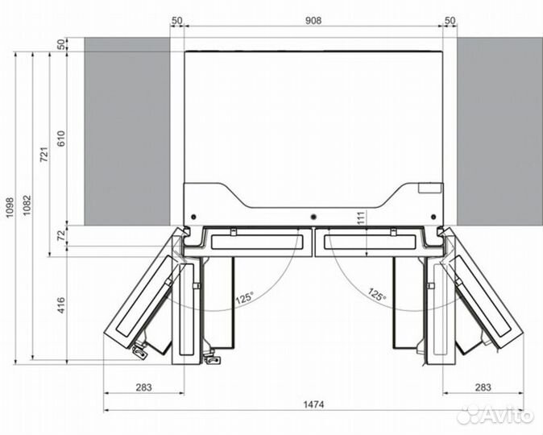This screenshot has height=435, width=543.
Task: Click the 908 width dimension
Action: [313, 20]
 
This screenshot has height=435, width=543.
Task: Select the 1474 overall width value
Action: [313, 404]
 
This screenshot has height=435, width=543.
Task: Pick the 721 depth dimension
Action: [44, 155]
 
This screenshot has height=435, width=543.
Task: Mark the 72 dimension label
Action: [61, 234]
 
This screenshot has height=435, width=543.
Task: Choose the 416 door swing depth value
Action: [61, 305]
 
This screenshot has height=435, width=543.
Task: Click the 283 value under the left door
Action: [143, 388]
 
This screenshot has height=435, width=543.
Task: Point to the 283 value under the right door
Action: [483, 388]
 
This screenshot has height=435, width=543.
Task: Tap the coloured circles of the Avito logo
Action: [467, 416]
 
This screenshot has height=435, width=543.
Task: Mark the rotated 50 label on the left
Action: [61, 44]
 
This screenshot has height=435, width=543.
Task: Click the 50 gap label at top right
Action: [450, 20]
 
